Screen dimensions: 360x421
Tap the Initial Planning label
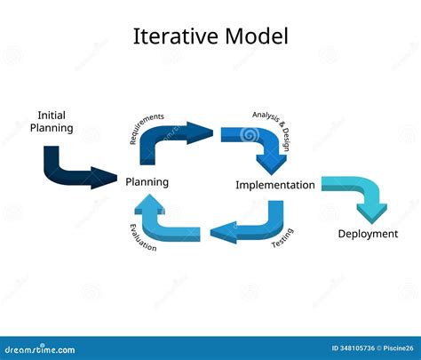tap(52, 122)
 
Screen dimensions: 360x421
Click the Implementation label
tap(274, 186)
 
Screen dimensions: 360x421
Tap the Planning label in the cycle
tap(147, 182)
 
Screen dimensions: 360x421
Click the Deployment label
tap(368, 234)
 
